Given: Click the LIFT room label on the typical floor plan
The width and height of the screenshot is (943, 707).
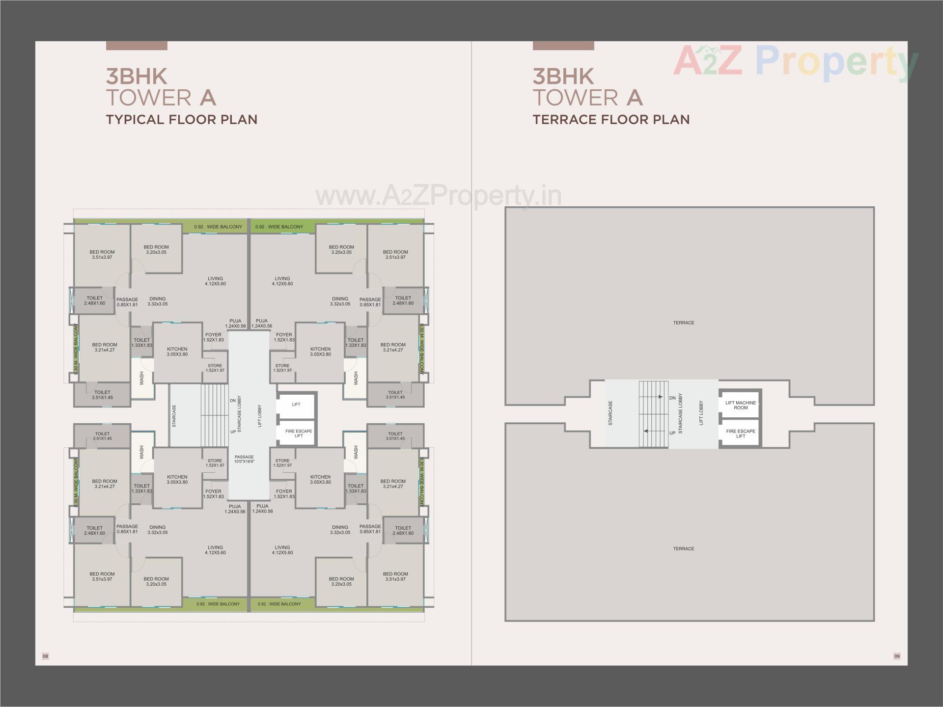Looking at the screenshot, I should coord(296,405).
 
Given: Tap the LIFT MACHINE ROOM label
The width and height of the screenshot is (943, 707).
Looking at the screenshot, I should coord(741,405).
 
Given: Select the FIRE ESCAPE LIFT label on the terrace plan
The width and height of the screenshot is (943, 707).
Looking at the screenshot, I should coord(741,434).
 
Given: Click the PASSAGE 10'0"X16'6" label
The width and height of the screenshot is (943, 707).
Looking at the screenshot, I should coord(244,459).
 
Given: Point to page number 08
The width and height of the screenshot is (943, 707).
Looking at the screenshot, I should coord(45,656).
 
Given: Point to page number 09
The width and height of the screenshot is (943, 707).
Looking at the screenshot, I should coord(897,656).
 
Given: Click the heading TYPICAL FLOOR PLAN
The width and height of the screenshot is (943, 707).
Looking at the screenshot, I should coord(182,119).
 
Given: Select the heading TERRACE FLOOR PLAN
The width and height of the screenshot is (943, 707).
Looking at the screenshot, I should coord(611,119).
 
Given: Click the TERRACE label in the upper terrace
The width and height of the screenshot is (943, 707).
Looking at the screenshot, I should coord(684,323).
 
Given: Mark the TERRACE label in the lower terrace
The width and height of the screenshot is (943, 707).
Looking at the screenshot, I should coord(684,548).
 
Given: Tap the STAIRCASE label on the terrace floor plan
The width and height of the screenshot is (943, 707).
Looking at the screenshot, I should coord(610,413).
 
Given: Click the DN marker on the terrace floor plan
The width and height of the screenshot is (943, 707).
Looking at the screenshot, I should coord(672,398).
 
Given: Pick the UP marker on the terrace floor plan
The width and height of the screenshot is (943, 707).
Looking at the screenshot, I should coord(672,433).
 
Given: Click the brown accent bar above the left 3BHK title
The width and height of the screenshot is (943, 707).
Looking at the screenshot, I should coord(137,46).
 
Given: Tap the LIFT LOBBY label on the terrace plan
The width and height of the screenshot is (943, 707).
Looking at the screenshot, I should coord(701,413).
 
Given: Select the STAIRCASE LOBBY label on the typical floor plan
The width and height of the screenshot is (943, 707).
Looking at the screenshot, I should coord(240,414).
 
